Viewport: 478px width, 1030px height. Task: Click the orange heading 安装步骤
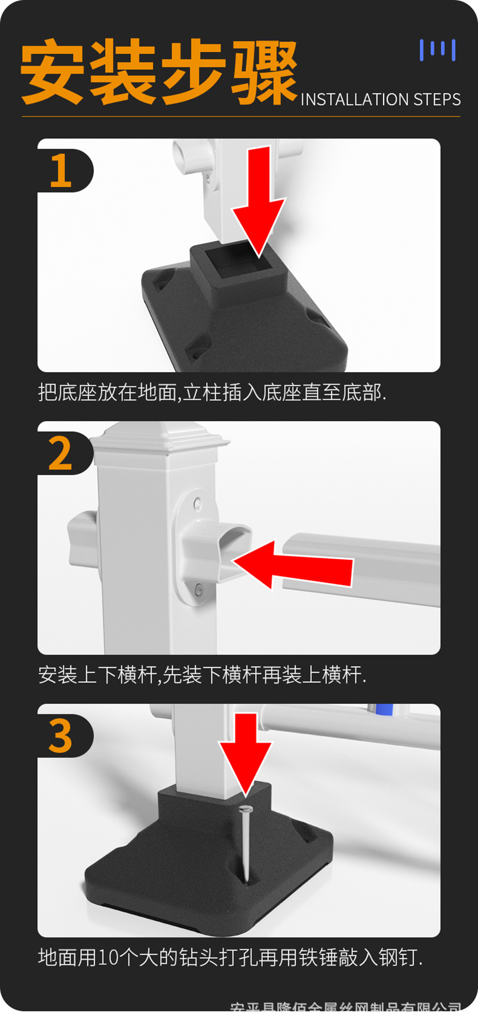click(x=158, y=72)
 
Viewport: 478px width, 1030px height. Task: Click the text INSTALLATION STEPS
click(x=380, y=99)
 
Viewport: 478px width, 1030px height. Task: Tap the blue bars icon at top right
click(x=437, y=50)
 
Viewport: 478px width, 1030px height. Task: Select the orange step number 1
click(x=60, y=171)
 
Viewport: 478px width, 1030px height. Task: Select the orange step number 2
click(x=60, y=454)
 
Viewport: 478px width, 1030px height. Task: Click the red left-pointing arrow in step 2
click(x=293, y=565)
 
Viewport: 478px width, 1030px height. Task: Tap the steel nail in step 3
click(x=246, y=842)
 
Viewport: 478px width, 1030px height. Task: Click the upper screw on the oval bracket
click(x=198, y=505)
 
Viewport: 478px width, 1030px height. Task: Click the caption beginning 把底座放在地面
click(x=212, y=393)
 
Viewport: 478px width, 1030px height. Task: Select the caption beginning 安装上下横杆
click(x=202, y=675)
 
